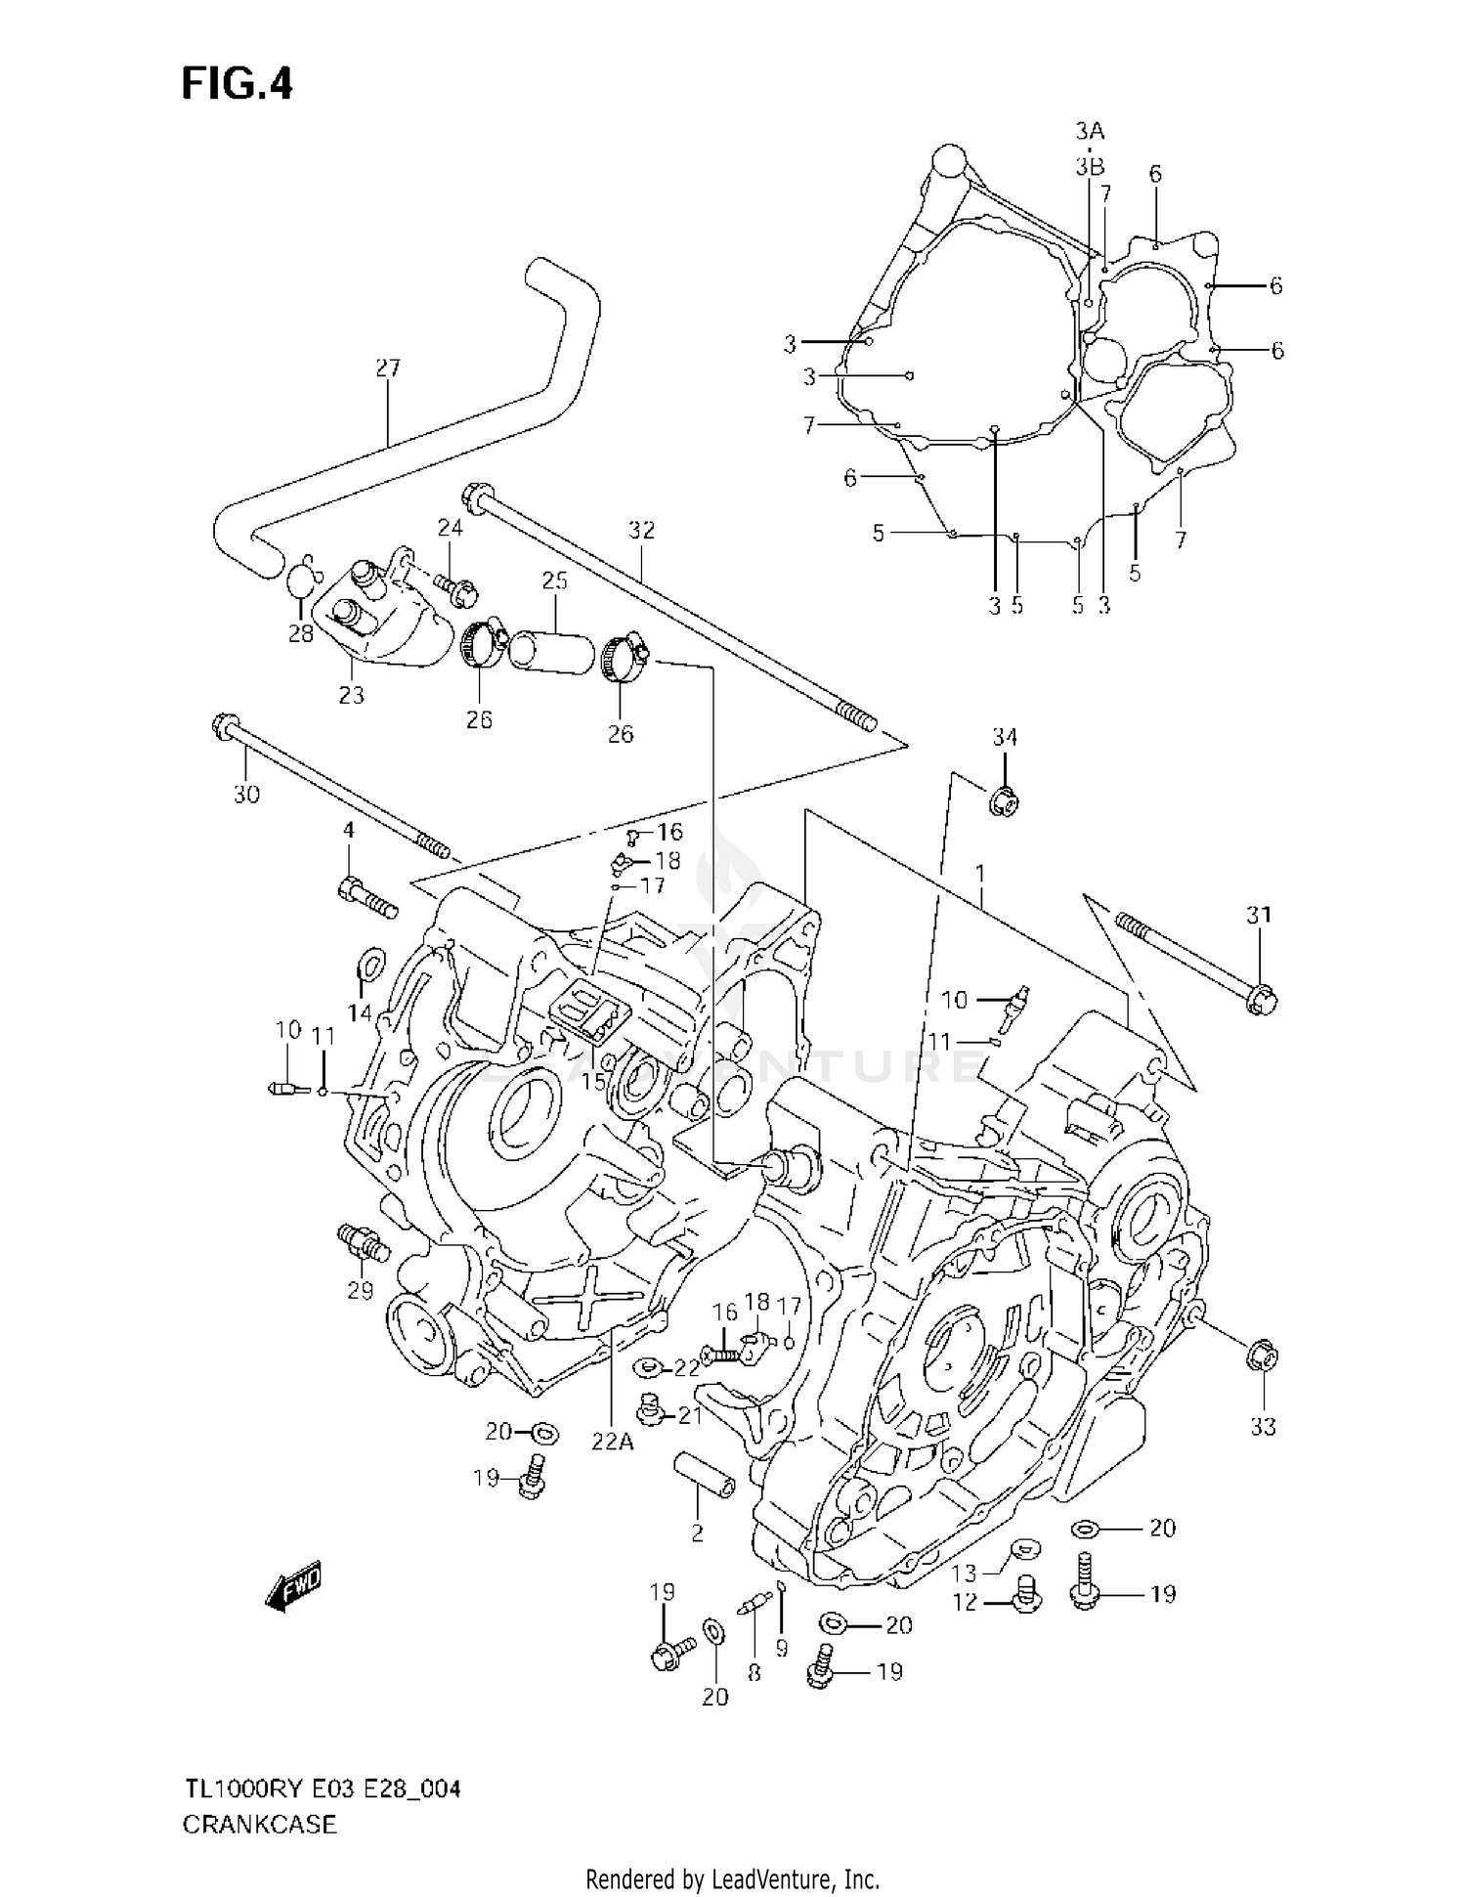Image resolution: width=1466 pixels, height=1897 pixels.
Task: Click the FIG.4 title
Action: pos(237,84)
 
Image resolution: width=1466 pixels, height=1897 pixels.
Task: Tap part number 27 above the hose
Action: pos(388,368)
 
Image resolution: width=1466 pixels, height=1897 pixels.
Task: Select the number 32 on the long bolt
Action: pos(641,531)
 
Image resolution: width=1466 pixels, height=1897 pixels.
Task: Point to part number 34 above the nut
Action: pos(1005,737)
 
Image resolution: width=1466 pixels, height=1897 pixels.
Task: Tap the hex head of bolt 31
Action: pos(1262,1000)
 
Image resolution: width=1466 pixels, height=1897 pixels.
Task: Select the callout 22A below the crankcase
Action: pos(612,1441)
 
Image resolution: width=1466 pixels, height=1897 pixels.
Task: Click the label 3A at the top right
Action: pos(1090,131)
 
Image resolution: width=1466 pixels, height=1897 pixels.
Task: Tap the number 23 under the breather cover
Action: pos(351,695)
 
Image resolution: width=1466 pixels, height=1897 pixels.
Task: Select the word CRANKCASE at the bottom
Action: pos(259,1825)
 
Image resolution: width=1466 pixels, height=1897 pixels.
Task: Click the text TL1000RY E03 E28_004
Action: pos(322,1790)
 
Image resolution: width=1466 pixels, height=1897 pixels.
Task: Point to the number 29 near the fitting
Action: pos(360,1291)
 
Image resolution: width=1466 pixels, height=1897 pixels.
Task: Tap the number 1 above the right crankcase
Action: pos(978,873)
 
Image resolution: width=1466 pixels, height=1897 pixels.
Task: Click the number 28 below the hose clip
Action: pos(300,633)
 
